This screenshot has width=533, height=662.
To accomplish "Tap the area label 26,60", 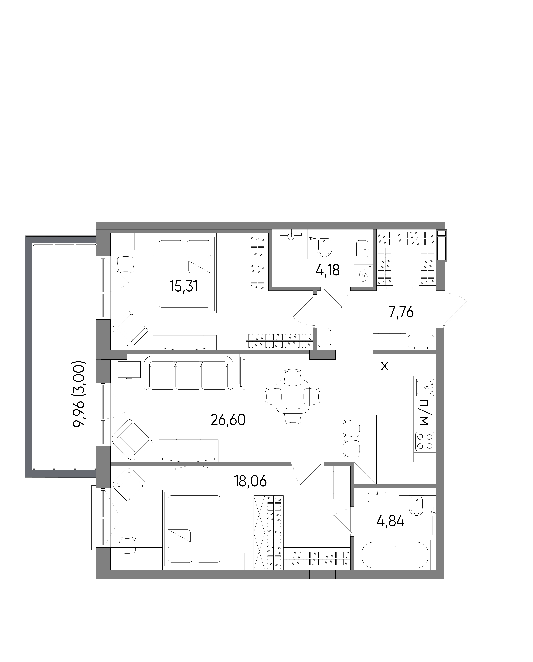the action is (228, 420).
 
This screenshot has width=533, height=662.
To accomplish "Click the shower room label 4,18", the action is (328, 270).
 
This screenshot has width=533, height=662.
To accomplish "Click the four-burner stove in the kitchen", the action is (425, 442).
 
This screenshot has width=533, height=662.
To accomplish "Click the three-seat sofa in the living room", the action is (188, 373).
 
